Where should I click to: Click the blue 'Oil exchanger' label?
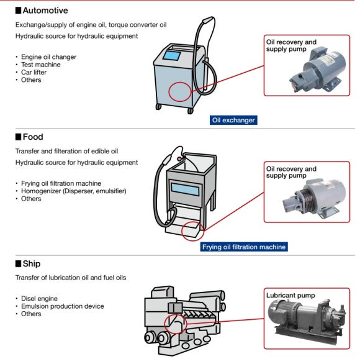(x=233, y=121)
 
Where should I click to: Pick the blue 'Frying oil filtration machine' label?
(x=244, y=247)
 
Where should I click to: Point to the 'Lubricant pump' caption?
(x=290, y=295)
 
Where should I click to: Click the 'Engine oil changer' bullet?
(x=48, y=57)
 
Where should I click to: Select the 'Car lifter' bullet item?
(x=34, y=72)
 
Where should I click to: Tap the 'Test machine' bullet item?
(x=40, y=65)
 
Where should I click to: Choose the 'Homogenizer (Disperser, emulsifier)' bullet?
(x=73, y=191)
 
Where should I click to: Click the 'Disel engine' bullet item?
(x=39, y=299)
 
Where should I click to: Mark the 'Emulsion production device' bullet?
(x=63, y=306)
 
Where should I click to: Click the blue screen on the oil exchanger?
(x=172, y=56)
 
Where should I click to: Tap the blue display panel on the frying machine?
(x=185, y=189)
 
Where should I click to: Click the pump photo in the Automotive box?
(x=318, y=70)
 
